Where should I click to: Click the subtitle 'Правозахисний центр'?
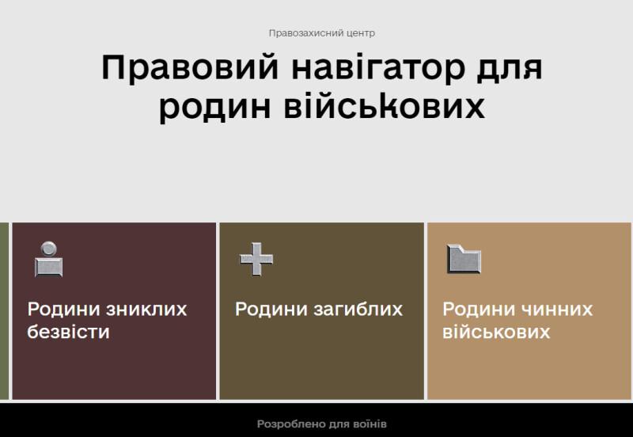322,33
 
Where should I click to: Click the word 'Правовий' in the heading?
190,68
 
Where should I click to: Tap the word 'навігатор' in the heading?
378,68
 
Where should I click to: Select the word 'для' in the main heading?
510,69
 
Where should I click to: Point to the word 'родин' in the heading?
214,107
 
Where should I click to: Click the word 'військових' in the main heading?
384,106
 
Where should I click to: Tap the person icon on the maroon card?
49,260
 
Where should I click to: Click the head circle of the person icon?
49,249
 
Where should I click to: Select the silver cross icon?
256,260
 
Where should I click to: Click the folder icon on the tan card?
464,259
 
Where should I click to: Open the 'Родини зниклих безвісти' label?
107,321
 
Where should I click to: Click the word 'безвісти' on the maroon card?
68,332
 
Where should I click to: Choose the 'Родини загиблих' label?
319,310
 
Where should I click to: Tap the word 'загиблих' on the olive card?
358,310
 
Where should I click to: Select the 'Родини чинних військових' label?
517,321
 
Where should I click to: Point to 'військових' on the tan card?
496,332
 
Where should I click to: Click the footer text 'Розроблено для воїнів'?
322,424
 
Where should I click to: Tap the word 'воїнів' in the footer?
369,424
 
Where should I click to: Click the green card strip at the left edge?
4,311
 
